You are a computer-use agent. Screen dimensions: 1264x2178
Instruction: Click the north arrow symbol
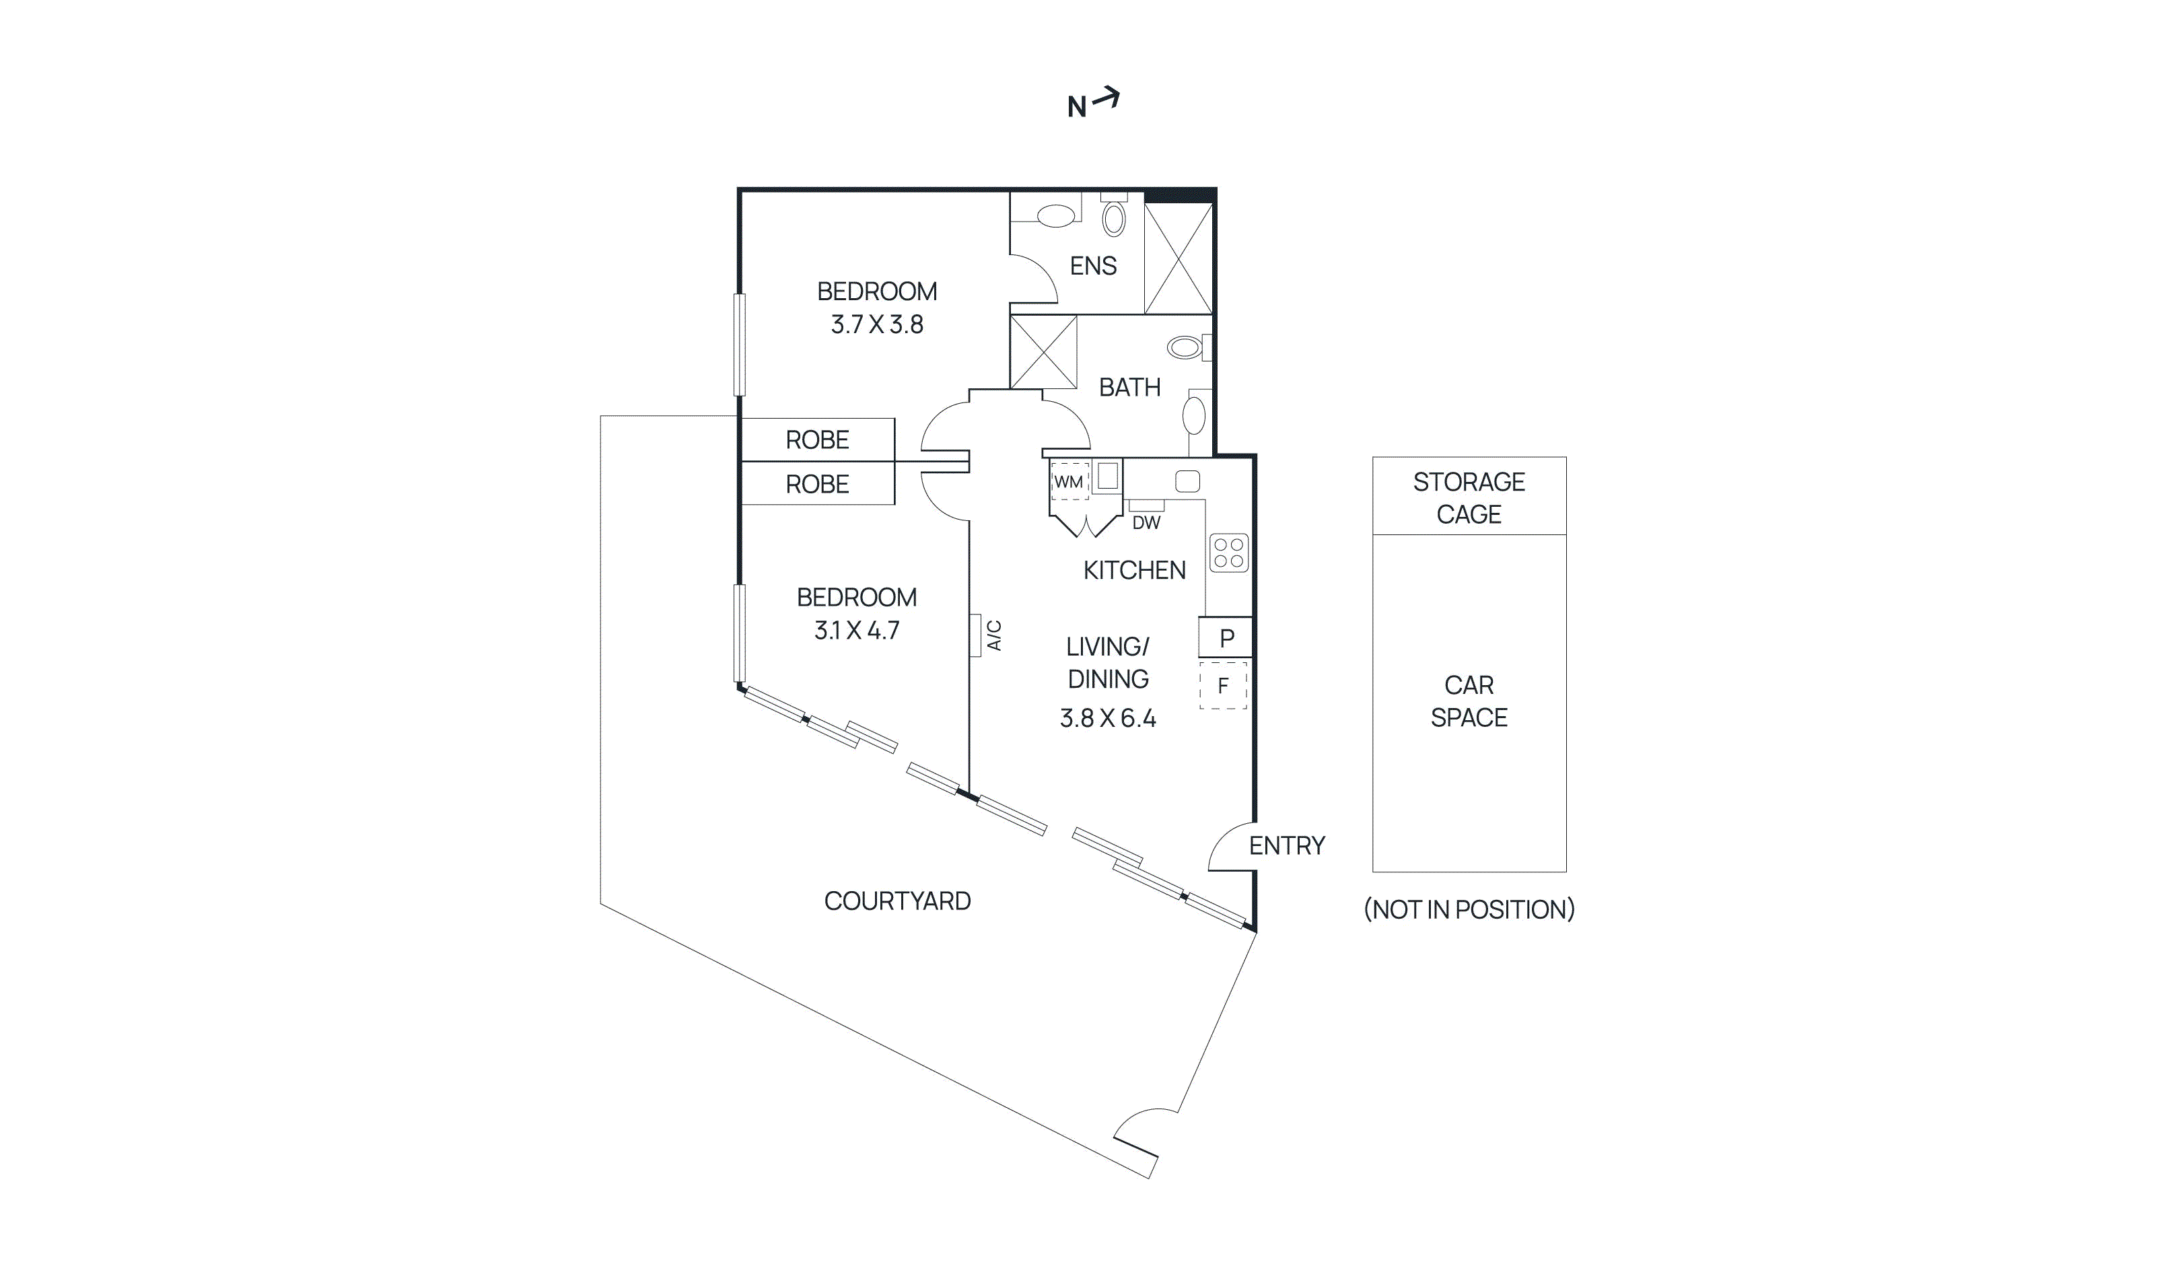[x=1105, y=98]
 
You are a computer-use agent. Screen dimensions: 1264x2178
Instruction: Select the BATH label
[x=1129, y=387]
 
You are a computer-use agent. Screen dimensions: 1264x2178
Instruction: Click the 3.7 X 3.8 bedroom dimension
[x=876, y=325]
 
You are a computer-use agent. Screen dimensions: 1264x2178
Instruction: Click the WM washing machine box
[x=1068, y=481]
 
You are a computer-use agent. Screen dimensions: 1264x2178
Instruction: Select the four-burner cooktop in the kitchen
[x=1228, y=553]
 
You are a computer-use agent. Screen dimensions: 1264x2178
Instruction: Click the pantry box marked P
[x=1225, y=638]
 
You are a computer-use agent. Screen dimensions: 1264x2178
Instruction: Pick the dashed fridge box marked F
[x=1222, y=686]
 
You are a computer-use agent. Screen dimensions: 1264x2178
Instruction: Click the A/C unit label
[x=994, y=635]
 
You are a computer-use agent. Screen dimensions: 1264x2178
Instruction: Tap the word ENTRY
[x=1286, y=845]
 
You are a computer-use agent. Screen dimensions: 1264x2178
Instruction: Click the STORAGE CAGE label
[x=1469, y=498]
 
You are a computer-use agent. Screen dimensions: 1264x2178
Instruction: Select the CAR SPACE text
[x=1469, y=701]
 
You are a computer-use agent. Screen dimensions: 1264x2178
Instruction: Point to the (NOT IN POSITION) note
[x=1469, y=909]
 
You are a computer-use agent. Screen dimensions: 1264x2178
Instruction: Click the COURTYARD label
[x=897, y=901]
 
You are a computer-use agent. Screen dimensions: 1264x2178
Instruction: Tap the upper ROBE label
[x=817, y=440]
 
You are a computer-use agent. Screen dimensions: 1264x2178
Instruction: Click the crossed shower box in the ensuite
[x=1177, y=258]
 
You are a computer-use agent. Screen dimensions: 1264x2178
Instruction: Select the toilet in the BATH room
[x=1186, y=347]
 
